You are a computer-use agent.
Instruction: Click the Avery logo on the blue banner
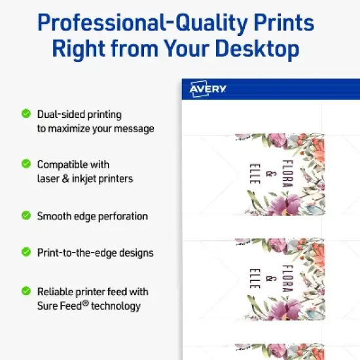tap(207, 89)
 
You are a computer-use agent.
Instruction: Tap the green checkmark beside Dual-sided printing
tap(26, 113)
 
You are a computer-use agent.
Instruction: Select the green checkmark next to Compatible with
tap(26, 164)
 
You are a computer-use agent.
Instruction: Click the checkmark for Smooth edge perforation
tap(26, 215)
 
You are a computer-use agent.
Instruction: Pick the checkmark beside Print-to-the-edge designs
tap(26, 252)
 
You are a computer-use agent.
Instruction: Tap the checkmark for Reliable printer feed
tap(26, 291)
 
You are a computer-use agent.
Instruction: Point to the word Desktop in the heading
tap(257, 48)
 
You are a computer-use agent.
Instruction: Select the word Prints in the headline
tap(284, 22)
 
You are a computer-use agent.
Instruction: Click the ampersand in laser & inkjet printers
tap(65, 179)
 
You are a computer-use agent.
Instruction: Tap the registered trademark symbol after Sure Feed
tap(85, 303)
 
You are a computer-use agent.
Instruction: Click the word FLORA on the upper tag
tap(287, 173)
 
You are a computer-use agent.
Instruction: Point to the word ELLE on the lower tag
tap(255, 278)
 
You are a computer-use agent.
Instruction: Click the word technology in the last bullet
tap(116, 306)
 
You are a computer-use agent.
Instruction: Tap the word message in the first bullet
tap(134, 128)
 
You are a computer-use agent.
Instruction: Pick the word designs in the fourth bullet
tap(136, 253)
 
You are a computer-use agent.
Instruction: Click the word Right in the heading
tap(79, 49)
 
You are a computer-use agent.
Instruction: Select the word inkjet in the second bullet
tap(84, 179)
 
